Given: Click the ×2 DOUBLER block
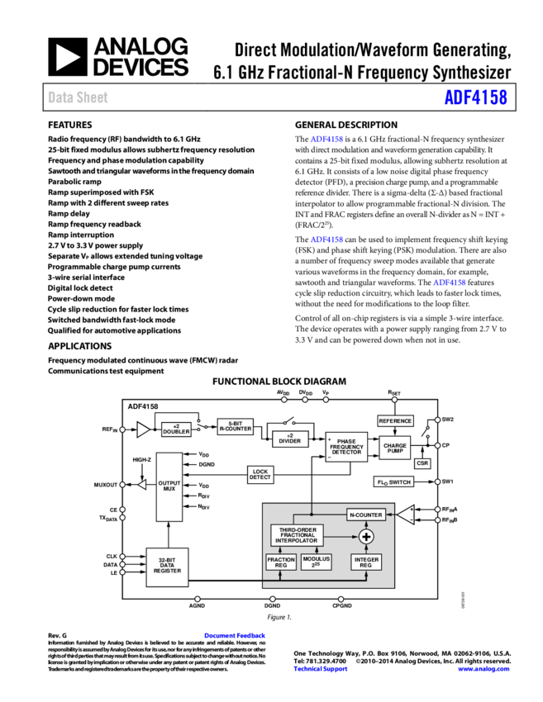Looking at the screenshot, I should (176, 429).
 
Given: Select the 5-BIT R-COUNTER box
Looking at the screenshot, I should (236, 426).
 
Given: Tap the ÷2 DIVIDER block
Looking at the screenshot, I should (290, 439).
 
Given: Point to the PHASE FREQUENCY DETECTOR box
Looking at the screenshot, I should (346, 447).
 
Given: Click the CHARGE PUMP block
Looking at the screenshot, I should (395, 447).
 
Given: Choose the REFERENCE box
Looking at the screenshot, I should (395, 421).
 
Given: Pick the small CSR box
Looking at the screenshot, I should (422, 463).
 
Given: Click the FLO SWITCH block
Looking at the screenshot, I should (394, 481).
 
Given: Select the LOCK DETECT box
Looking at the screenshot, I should (260, 475).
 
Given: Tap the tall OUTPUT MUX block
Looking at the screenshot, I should (169, 486).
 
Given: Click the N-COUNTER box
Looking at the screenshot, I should (366, 515).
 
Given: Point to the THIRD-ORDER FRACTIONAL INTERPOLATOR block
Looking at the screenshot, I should (297, 535).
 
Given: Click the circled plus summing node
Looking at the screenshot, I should (366, 537).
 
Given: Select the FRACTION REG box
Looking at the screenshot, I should (281, 562).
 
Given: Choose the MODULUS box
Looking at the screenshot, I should (316, 562).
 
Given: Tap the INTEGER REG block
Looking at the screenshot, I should (366, 562).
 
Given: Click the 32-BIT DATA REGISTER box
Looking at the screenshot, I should (167, 567).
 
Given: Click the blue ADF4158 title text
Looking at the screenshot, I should (475, 97).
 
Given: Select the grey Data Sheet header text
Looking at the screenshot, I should (78, 97).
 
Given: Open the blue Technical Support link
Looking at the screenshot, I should (321, 669).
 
